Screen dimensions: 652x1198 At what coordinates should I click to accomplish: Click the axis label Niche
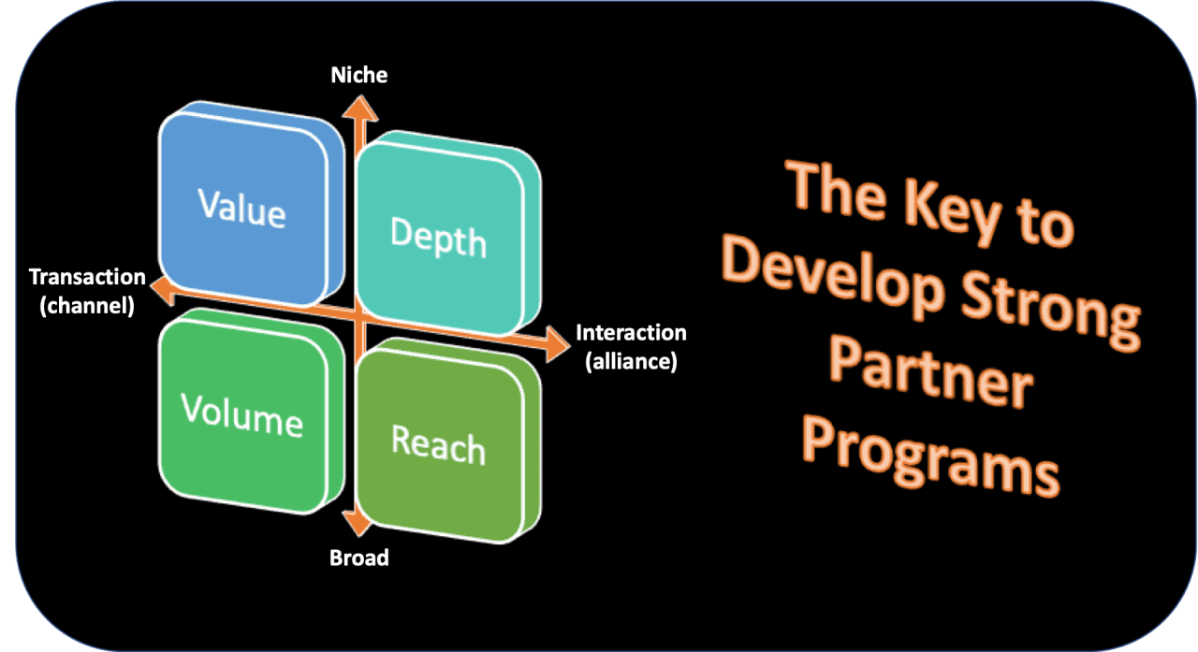(358, 75)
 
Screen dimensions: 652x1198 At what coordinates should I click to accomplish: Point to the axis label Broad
(358, 558)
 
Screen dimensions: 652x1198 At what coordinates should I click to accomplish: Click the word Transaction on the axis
(87, 277)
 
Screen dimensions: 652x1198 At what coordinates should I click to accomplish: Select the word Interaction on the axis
(631, 333)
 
